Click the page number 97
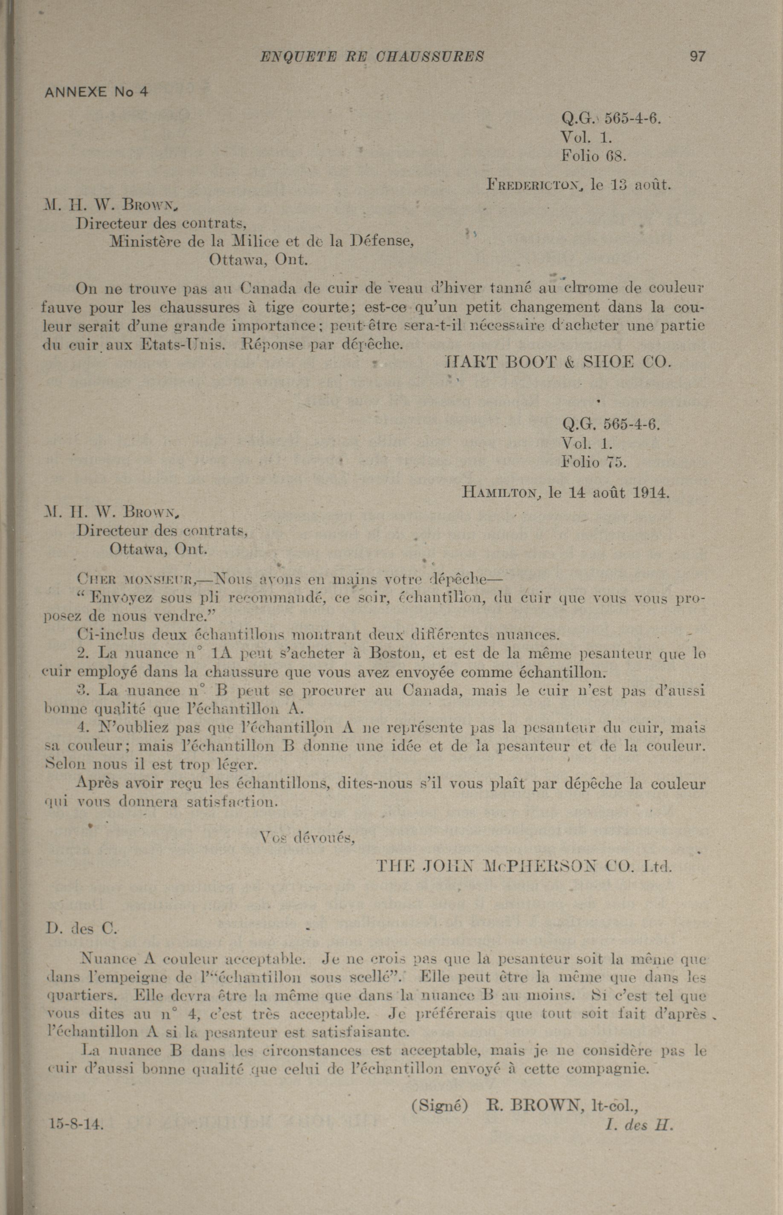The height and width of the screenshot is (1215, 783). coord(697,56)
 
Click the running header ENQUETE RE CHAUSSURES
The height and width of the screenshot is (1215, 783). coord(372,56)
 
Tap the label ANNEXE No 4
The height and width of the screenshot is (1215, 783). coord(97,92)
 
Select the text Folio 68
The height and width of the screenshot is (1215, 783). coord(593,156)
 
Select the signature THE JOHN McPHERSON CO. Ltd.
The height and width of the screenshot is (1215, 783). coord(524,866)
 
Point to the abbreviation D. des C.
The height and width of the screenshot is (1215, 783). coord(81,929)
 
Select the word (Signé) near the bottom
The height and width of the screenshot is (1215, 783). coord(439,1106)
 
